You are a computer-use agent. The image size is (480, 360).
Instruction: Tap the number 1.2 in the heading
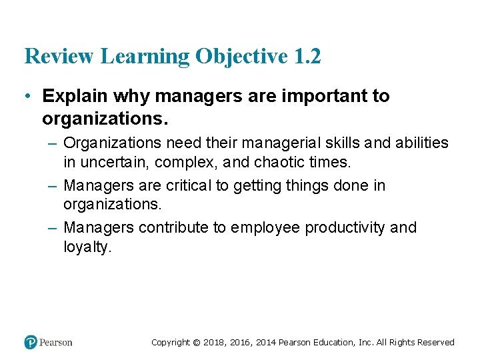point(307,56)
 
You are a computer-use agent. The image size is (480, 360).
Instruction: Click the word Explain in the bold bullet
point(75,96)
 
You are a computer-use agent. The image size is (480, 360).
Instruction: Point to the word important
point(313,96)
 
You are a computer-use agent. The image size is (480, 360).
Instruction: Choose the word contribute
point(174,227)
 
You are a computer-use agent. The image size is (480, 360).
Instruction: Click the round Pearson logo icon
point(31,342)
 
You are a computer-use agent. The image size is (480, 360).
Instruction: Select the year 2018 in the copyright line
point(214,343)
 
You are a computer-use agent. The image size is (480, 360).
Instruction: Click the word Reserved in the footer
point(436,343)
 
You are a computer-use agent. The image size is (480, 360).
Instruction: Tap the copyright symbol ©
point(196,343)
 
